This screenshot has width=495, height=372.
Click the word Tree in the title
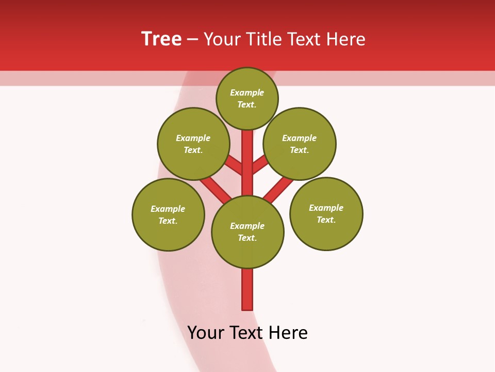point(161,39)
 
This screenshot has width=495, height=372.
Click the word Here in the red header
point(346,39)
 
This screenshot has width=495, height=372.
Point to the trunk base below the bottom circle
point(247,289)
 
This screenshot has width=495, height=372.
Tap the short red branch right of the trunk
point(260,164)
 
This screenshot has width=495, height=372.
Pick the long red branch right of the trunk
point(278,190)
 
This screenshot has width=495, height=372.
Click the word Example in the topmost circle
point(247,92)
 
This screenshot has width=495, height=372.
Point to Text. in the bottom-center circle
point(247,238)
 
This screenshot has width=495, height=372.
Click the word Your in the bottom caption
point(206,333)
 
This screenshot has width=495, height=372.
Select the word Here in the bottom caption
point(288,333)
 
